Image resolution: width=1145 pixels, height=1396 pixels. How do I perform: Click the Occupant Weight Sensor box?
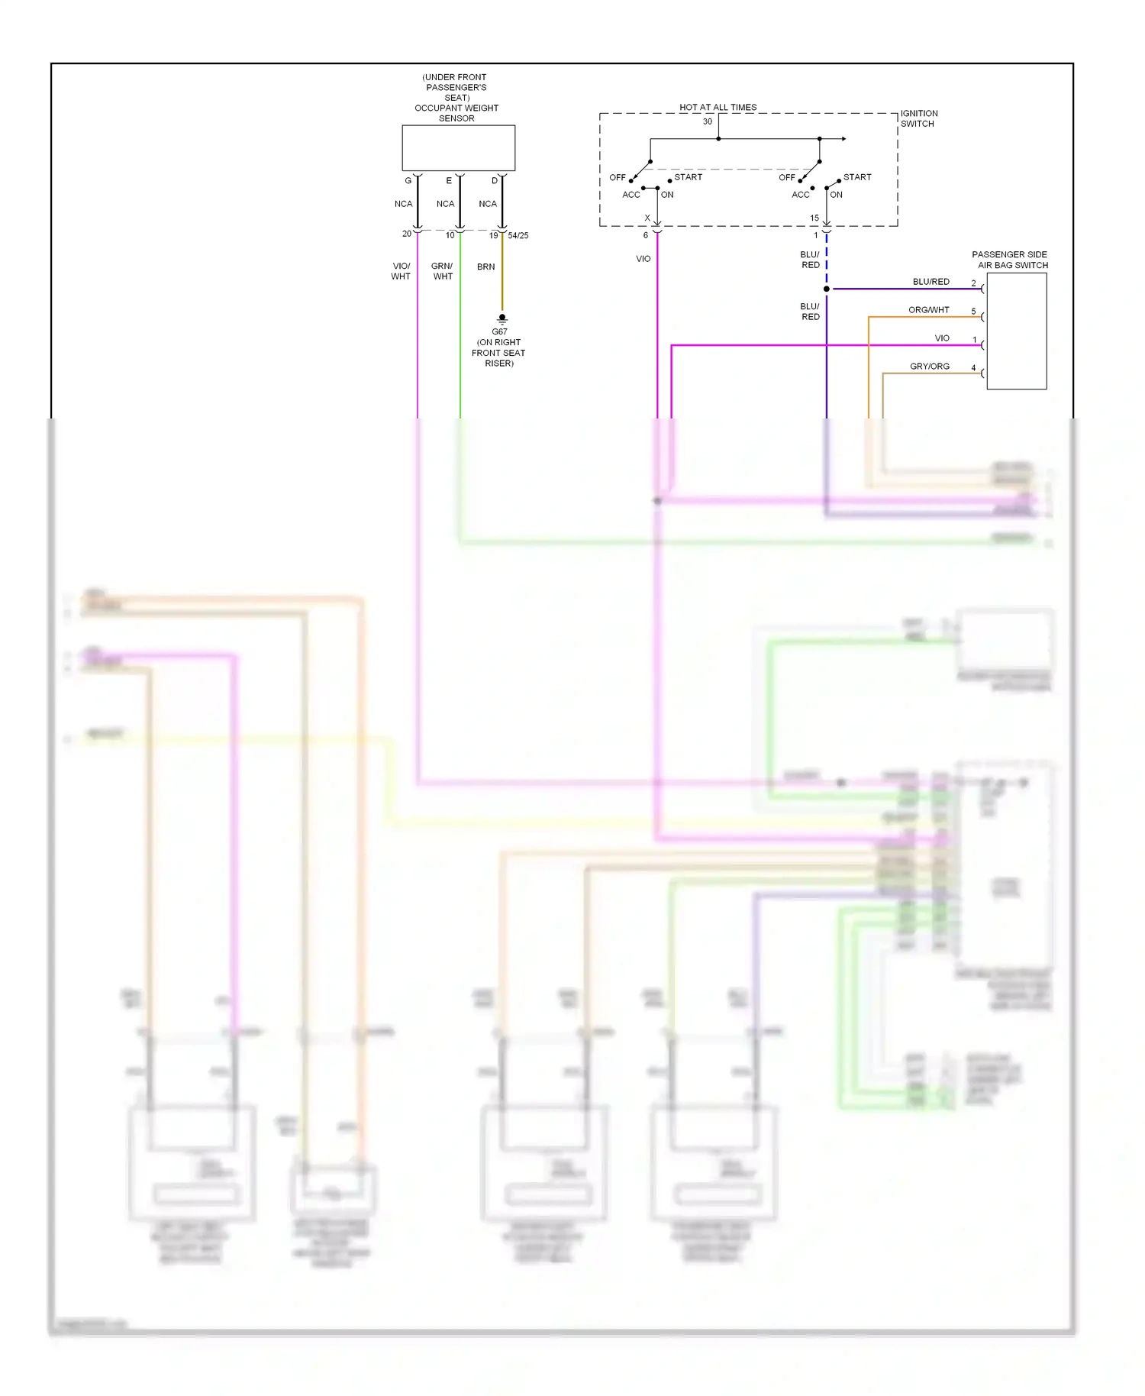(x=458, y=147)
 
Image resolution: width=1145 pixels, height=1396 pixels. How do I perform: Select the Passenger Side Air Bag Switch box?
(x=1016, y=331)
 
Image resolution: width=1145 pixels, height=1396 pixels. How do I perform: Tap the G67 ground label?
(x=499, y=331)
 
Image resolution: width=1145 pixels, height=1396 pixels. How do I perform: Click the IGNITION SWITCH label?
(x=918, y=118)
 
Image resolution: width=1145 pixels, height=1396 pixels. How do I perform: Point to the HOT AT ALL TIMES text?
(x=718, y=108)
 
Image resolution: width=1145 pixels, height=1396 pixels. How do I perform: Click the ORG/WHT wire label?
(x=928, y=310)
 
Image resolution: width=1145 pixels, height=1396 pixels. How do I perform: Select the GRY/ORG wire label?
(x=929, y=367)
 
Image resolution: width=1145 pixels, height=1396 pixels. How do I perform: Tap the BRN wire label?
(x=485, y=267)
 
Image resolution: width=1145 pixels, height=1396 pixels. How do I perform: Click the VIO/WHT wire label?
(x=401, y=271)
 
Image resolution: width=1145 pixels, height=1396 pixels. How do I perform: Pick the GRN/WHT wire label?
(x=442, y=271)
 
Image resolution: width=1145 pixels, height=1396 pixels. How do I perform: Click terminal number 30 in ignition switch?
(x=708, y=121)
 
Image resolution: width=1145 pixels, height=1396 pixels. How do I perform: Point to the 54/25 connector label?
(x=518, y=236)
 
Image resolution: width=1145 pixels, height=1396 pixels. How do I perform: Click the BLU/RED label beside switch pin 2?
(x=931, y=282)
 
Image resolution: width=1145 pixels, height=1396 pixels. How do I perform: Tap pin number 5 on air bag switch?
(x=973, y=312)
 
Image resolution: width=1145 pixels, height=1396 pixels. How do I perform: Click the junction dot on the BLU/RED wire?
(x=827, y=289)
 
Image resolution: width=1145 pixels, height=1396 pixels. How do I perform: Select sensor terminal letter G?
(x=408, y=181)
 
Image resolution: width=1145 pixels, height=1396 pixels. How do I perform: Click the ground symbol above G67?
(x=502, y=318)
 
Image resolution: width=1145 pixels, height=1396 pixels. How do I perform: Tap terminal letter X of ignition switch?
(x=647, y=218)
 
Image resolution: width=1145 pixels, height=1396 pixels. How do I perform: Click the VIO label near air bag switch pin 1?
(x=942, y=338)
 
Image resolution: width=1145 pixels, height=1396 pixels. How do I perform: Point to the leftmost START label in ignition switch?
(x=688, y=177)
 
